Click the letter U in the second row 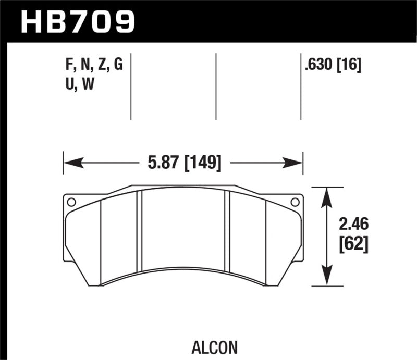tap(65, 84)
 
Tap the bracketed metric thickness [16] tap(348, 66)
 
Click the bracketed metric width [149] tap(201, 163)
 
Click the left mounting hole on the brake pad tap(71, 202)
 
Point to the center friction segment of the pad tap(183, 229)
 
